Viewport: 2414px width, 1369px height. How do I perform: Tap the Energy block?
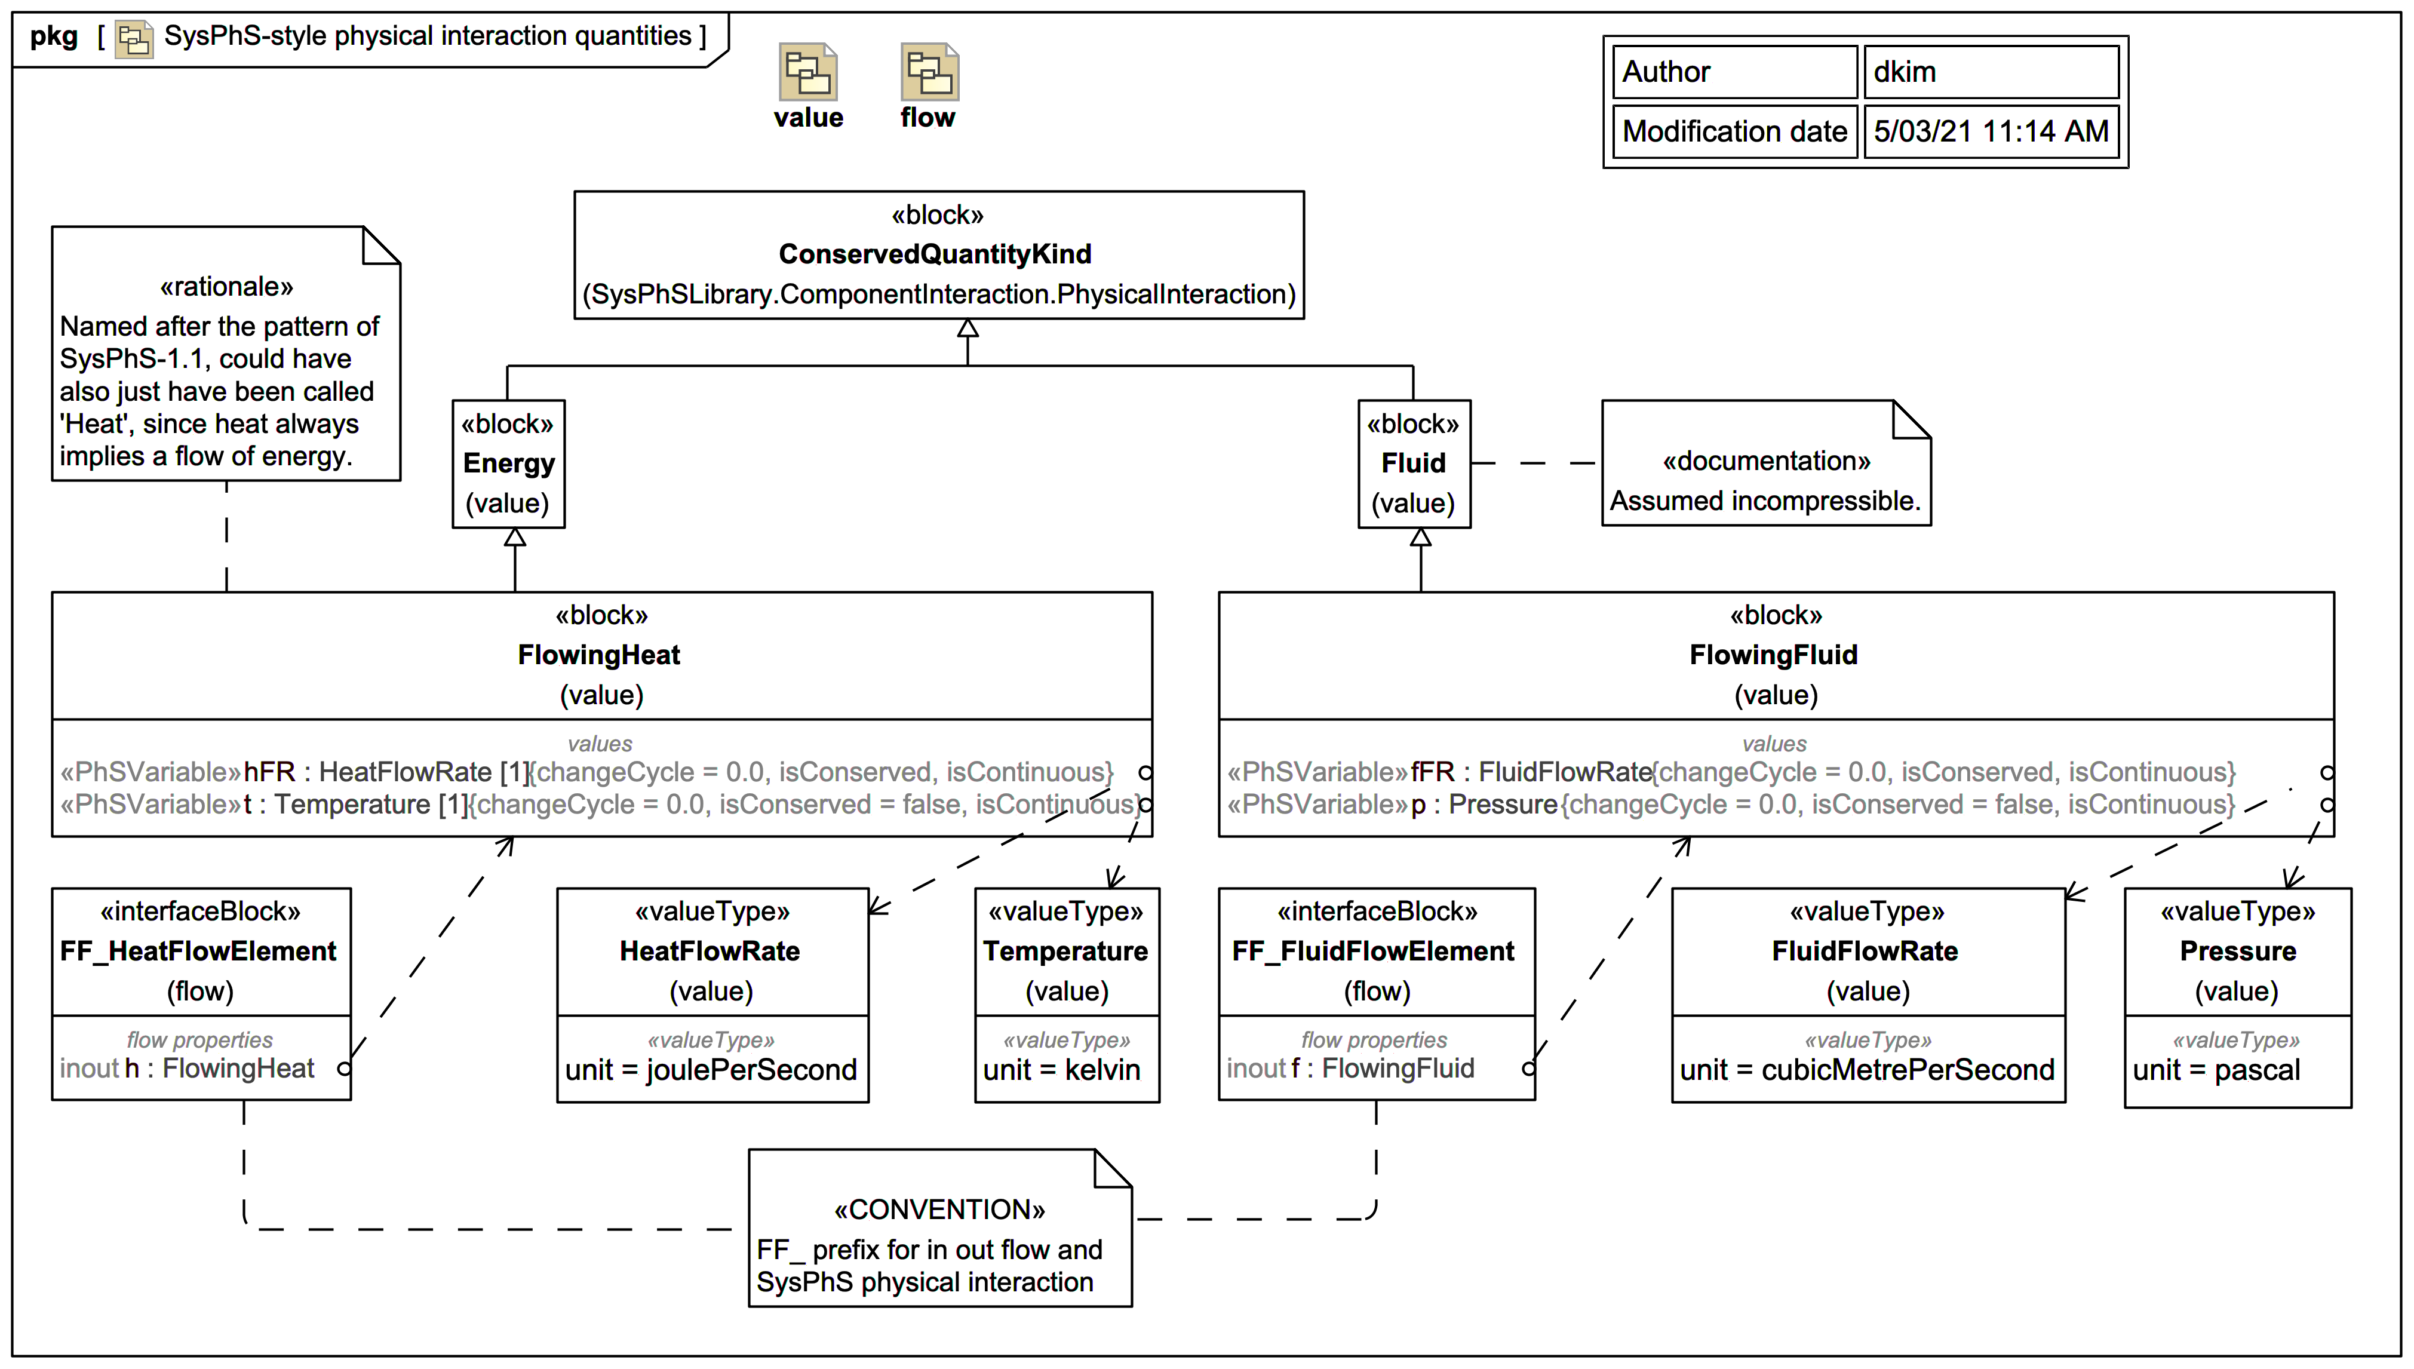point(509,464)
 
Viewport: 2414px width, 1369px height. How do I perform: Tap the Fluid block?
point(1413,464)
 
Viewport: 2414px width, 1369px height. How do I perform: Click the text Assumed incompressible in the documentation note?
point(1764,501)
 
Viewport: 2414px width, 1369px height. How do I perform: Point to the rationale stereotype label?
point(226,287)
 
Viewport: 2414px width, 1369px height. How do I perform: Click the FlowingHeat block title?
point(599,655)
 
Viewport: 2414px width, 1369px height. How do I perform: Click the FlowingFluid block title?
point(1773,655)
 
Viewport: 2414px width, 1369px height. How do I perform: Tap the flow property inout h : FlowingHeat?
point(188,1069)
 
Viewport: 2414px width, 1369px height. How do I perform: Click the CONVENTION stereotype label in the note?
point(939,1210)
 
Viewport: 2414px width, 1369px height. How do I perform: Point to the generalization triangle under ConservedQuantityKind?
point(968,328)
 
